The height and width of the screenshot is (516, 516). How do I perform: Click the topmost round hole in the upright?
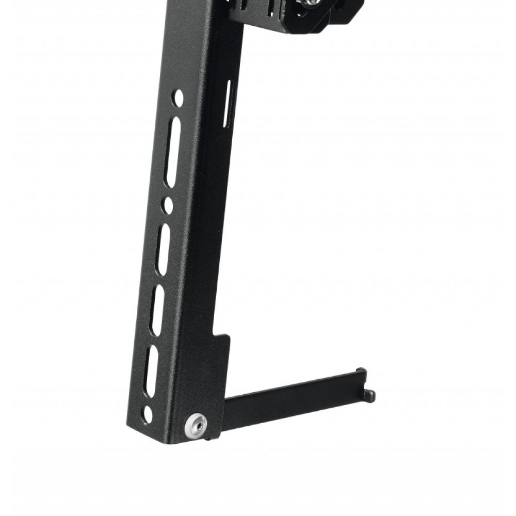coord(178,98)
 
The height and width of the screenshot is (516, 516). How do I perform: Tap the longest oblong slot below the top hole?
coord(173,152)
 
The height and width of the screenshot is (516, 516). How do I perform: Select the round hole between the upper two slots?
coord(167,205)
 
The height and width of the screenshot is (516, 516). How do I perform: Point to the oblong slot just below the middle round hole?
coord(163,249)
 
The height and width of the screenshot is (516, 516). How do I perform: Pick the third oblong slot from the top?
coord(157,310)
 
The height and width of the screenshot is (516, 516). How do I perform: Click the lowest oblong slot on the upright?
coord(151,370)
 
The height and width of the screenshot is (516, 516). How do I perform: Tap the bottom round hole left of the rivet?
coord(148,414)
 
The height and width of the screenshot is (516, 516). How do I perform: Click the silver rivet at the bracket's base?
coord(196,424)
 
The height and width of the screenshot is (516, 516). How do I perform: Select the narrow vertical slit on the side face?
coord(228,104)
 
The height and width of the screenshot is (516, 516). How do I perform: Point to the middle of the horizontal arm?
coord(294,397)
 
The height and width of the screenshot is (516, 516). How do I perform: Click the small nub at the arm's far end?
coord(369,396)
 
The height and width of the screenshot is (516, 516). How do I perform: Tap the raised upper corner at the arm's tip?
coord(361,372)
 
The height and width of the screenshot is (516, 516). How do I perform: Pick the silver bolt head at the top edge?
coord(310,3)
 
